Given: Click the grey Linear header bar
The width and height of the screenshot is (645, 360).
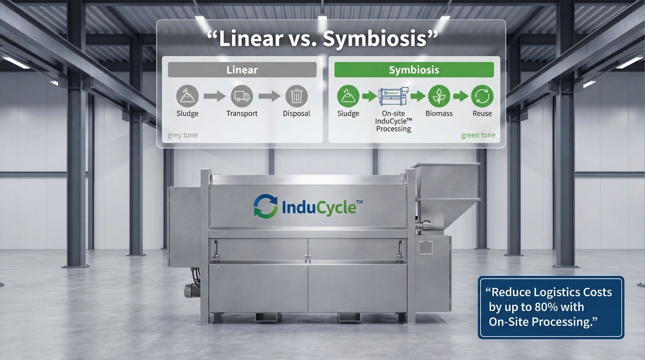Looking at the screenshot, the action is pos(242,70).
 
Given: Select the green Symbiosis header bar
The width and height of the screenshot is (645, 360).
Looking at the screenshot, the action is pos(414,70).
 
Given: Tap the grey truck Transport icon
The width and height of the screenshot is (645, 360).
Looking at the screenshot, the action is pos(242,96).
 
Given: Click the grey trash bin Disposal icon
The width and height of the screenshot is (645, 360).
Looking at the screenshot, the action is pos(296,96).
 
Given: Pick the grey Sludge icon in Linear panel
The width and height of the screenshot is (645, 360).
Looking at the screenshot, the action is pos(187,96).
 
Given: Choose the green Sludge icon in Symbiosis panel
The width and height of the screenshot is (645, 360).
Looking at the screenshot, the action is pos(348,96).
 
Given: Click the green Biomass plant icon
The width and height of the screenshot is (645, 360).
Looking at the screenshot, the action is pos(439,96).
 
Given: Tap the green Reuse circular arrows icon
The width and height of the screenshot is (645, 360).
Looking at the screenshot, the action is pos(482,96).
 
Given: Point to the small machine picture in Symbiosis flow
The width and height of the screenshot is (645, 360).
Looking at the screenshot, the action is pos(393,96).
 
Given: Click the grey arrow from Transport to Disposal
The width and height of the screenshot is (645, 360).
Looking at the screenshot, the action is pos(269,96).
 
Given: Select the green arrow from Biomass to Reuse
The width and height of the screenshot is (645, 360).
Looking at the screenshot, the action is pos(460,96).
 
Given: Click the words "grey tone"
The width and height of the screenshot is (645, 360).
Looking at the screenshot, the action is pos(183,135).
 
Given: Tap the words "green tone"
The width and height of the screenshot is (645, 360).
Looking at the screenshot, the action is pos(478,135).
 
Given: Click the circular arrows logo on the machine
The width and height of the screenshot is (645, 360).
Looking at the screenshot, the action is pos(266,206).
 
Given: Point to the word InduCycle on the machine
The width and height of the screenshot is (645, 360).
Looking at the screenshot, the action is pos(319,208).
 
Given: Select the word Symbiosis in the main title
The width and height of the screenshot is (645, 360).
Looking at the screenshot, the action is pos(375,39).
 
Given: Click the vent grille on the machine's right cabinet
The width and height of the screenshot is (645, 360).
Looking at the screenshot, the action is pos(426,247).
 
